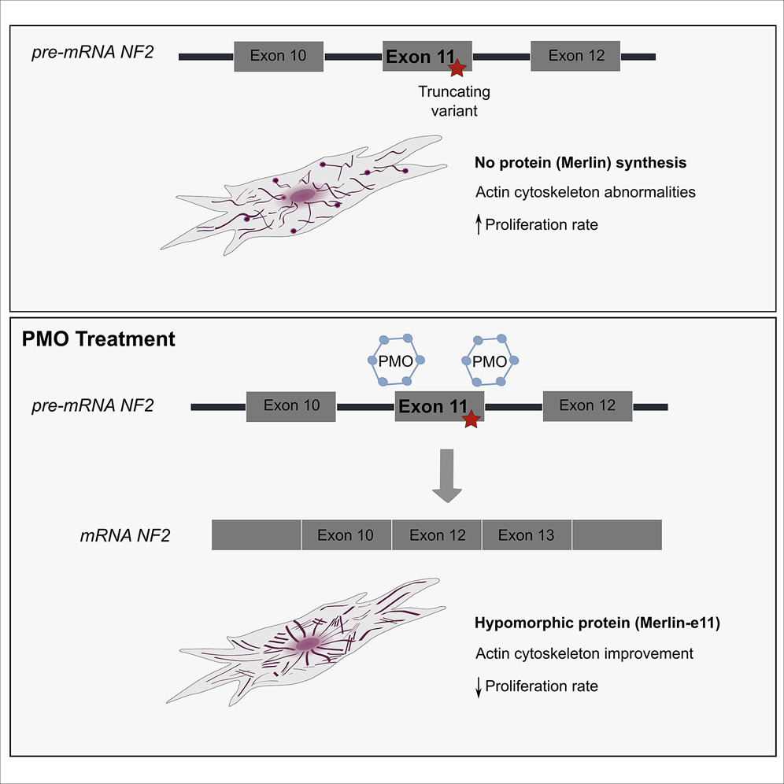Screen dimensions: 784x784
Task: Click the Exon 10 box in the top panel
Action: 279,56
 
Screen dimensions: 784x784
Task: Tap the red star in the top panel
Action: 457,70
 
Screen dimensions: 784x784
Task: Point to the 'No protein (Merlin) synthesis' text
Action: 581,164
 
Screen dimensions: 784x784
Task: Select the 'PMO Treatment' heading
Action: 97,341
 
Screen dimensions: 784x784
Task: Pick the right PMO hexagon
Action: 490,361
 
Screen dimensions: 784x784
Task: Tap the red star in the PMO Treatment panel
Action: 471,420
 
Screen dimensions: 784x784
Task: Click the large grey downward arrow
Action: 447,475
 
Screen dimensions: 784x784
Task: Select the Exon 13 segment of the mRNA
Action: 527,535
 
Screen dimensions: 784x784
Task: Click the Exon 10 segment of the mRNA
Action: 346,535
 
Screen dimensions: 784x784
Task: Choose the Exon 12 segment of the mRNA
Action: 437,535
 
